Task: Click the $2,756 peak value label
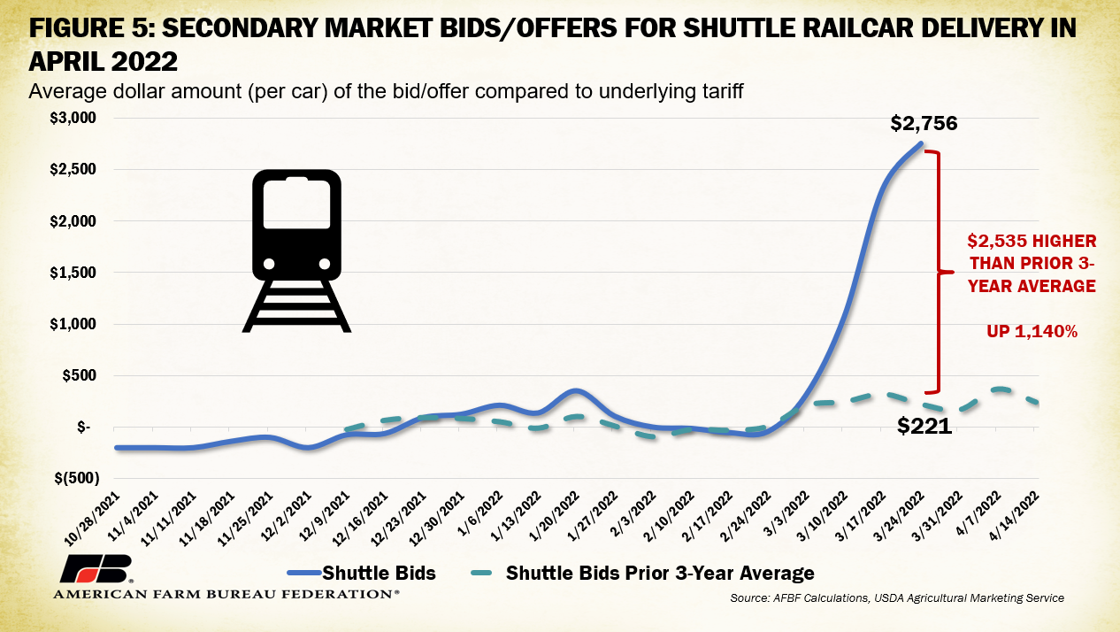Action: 924,123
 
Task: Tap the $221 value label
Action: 924,426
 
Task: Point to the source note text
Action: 897,599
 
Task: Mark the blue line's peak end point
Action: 922,143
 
